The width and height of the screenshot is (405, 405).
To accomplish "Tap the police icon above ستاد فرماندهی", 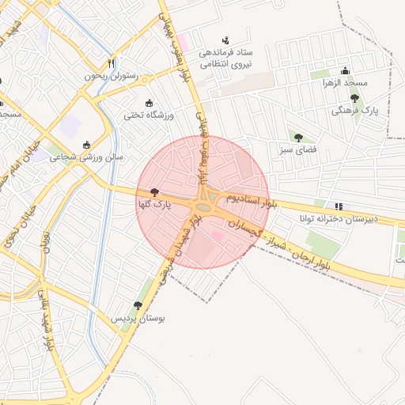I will click(x=226, y=40).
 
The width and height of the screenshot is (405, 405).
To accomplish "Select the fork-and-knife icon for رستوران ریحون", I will click(x=112, y=63).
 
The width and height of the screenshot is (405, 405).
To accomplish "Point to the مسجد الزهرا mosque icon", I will click(x=344, y=70).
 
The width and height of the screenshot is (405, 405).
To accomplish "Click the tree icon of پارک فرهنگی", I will click(x=354, y=99).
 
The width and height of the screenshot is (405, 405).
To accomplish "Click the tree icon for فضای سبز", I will click(x=298, y=137).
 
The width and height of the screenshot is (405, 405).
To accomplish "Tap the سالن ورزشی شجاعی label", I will click(x=87, y=157).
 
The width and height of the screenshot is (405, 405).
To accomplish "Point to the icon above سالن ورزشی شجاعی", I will click(x=87, y=145).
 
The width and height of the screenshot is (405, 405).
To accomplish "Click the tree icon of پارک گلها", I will click(x=153, y=192).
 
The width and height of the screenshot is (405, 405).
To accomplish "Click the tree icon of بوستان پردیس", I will click(x=138, y=305).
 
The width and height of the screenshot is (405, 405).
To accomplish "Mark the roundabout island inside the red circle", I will click(x=203, y=207).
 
